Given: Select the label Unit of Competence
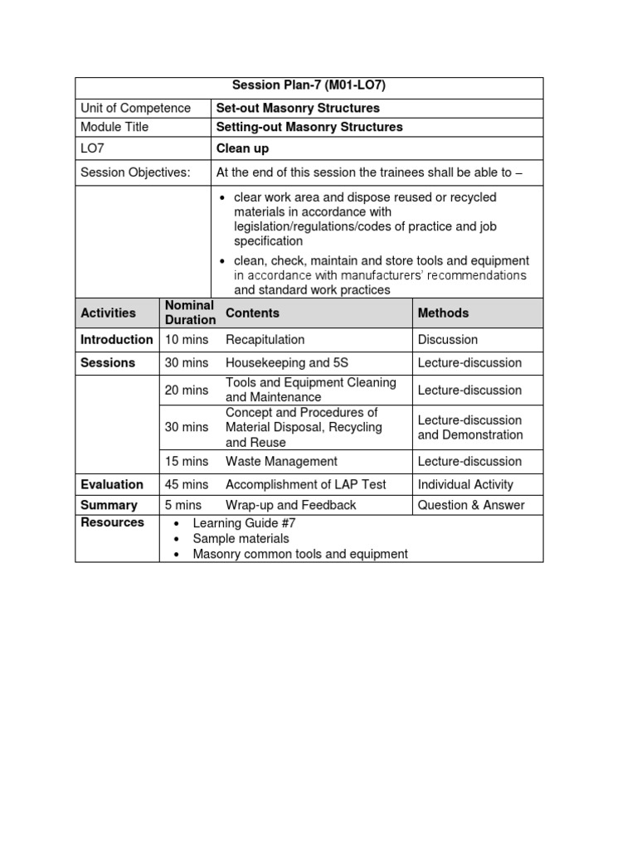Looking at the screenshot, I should pos(135,108).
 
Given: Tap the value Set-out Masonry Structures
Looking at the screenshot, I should pos(298,108).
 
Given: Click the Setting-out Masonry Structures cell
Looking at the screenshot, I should pos(309,127).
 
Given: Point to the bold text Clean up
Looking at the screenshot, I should pos(242,149).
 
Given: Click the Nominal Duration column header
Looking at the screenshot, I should pos(190,313).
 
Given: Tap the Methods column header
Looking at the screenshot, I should pos(443,313).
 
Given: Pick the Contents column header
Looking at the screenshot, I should pos(252,313).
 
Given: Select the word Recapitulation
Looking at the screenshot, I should pos(265,339).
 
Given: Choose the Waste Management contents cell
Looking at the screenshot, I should pos(281,461).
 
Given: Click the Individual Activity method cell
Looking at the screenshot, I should pos(465,484).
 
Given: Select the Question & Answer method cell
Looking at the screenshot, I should pos(471,505).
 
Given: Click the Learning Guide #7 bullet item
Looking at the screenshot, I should pos(236,523).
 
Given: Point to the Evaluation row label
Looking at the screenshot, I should pos(112,484).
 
